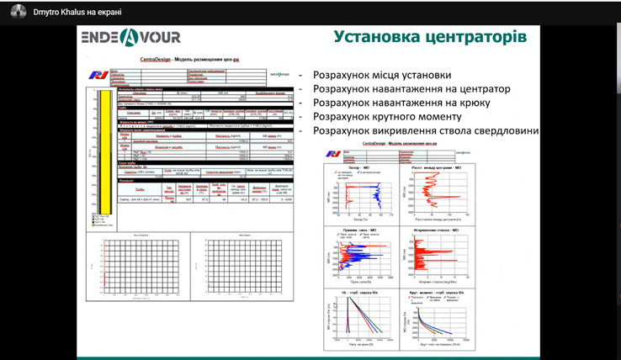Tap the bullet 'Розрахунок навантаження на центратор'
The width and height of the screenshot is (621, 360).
[x=411, y=89]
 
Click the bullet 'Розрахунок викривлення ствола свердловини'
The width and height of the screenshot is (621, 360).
[x=425, y=131]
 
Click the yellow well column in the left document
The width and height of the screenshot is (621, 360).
[x=105, y=152]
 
